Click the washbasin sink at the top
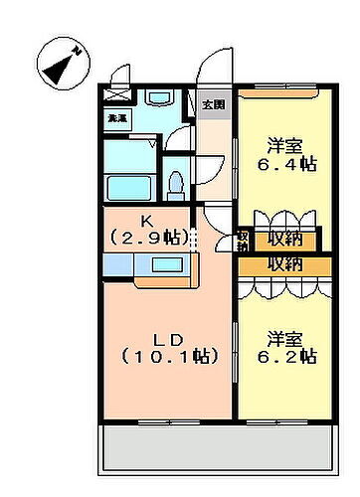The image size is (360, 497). coord(160,99)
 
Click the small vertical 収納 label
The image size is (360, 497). coord(242,240)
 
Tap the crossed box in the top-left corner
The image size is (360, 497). coord(117,95)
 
